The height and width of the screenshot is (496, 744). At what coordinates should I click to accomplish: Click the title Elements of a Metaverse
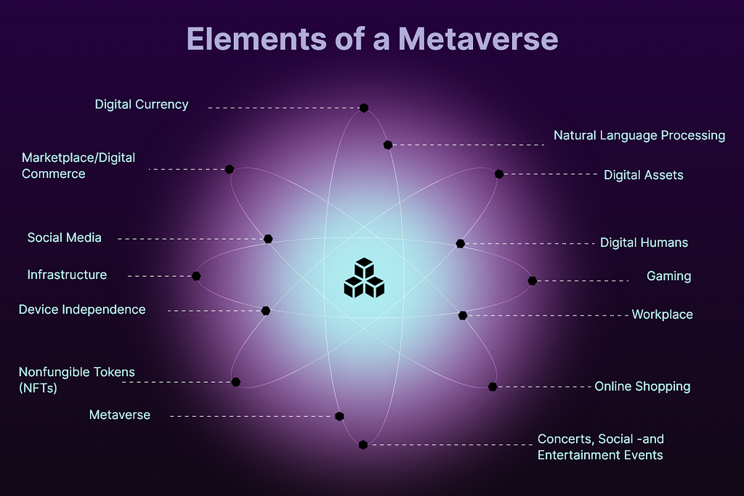(x=372, y=38)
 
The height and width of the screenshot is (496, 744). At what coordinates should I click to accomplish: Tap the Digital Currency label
(x=142, y=105)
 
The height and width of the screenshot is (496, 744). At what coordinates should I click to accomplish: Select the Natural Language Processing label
(x=639, y=135)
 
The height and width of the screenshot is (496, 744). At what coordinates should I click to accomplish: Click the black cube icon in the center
(x=364, y=278)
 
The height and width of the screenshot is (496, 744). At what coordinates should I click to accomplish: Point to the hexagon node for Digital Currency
(x=364, y=107)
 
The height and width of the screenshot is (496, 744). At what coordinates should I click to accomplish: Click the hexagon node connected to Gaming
(x=532, y=280)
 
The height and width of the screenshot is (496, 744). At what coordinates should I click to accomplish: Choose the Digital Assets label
(x=643, y=175)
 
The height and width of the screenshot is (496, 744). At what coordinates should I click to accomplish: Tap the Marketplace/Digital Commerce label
(x=78, y=166)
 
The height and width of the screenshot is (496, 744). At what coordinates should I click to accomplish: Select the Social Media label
(x=65, y=237)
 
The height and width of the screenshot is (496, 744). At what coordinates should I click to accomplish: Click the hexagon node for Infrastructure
(x=196, y=276)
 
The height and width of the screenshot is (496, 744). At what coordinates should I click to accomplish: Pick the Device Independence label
(x=82, y=309)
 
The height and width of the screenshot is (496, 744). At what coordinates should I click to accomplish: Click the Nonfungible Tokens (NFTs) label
(x=77, y=380)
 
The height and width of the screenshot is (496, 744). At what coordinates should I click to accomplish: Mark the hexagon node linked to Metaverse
(x=339, y=416)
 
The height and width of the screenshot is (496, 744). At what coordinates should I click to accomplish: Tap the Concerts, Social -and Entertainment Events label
(x=600, y=447)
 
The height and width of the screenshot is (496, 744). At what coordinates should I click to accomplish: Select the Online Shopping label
(x=642, y=386)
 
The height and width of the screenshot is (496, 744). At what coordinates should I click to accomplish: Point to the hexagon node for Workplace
(x=463, y=315)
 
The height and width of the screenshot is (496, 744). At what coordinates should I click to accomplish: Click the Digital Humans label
(x=644, y=243)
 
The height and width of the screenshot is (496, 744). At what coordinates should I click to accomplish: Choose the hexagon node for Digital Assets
(x=499, y=174)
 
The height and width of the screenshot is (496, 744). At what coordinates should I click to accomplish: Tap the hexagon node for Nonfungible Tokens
(x=235, y=382)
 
